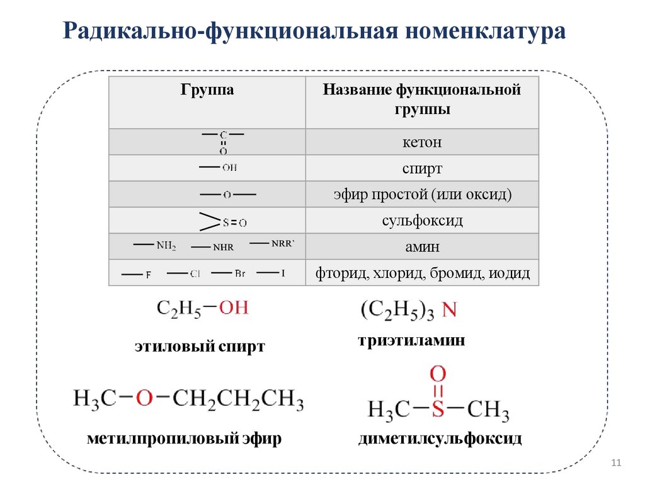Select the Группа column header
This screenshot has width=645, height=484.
207,90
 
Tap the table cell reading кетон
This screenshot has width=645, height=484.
422,142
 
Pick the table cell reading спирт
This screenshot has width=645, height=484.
422,169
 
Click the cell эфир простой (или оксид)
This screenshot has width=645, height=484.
422,195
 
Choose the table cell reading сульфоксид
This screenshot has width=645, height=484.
422,221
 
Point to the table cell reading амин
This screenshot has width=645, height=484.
422,247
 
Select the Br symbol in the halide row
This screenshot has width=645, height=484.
240,274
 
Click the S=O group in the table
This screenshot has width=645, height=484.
234,222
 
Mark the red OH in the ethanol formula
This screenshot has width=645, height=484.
233,308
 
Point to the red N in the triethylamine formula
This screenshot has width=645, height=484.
449,310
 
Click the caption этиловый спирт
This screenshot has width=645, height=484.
199,346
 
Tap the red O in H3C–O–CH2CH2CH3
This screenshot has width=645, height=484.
145,398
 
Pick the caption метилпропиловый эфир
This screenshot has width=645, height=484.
184,439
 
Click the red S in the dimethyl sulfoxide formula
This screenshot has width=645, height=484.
438,410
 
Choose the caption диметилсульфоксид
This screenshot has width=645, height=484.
440,439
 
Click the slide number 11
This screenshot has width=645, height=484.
616,464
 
